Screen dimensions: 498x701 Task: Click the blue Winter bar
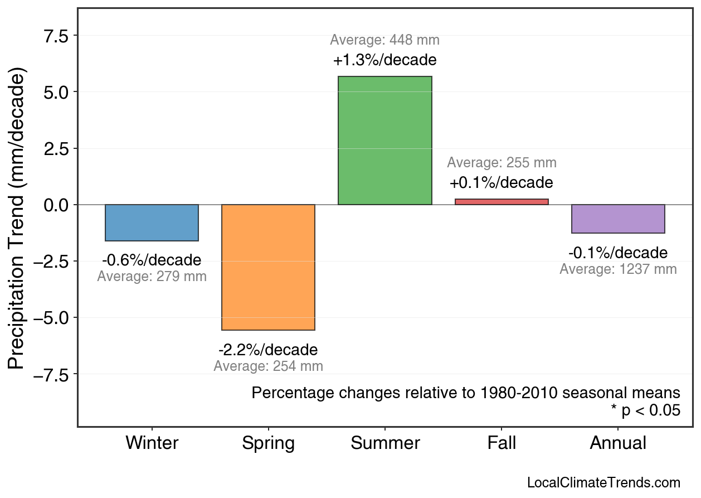[x=152, y=223]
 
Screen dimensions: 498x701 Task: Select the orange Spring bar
[x=268, y=267]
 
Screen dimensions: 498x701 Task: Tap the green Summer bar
[x=384, y=141]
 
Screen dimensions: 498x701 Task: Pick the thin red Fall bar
[x=502, y=202]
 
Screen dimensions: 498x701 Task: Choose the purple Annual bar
[x=618, y=219]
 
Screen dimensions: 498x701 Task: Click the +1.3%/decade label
[x=384, y=60]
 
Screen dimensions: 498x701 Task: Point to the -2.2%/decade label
[x=268, y=350]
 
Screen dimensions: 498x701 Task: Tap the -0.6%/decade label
[x=152, y=260]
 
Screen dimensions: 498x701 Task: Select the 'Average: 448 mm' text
[x=384, y=40]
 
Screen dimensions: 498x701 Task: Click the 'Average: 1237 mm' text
[x=618, y=269]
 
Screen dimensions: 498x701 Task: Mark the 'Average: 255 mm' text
[x=502, y=163]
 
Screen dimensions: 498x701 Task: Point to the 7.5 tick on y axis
[x=56, y=36]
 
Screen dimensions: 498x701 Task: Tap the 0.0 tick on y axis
[x=56, y=205]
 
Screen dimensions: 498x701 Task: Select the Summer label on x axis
[x=385, y=443]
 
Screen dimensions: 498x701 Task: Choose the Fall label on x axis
[x=502, y=443]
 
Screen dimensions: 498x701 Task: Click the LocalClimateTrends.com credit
[x=603, y=483]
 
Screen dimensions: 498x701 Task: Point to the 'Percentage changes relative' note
[x=466, y=393]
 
